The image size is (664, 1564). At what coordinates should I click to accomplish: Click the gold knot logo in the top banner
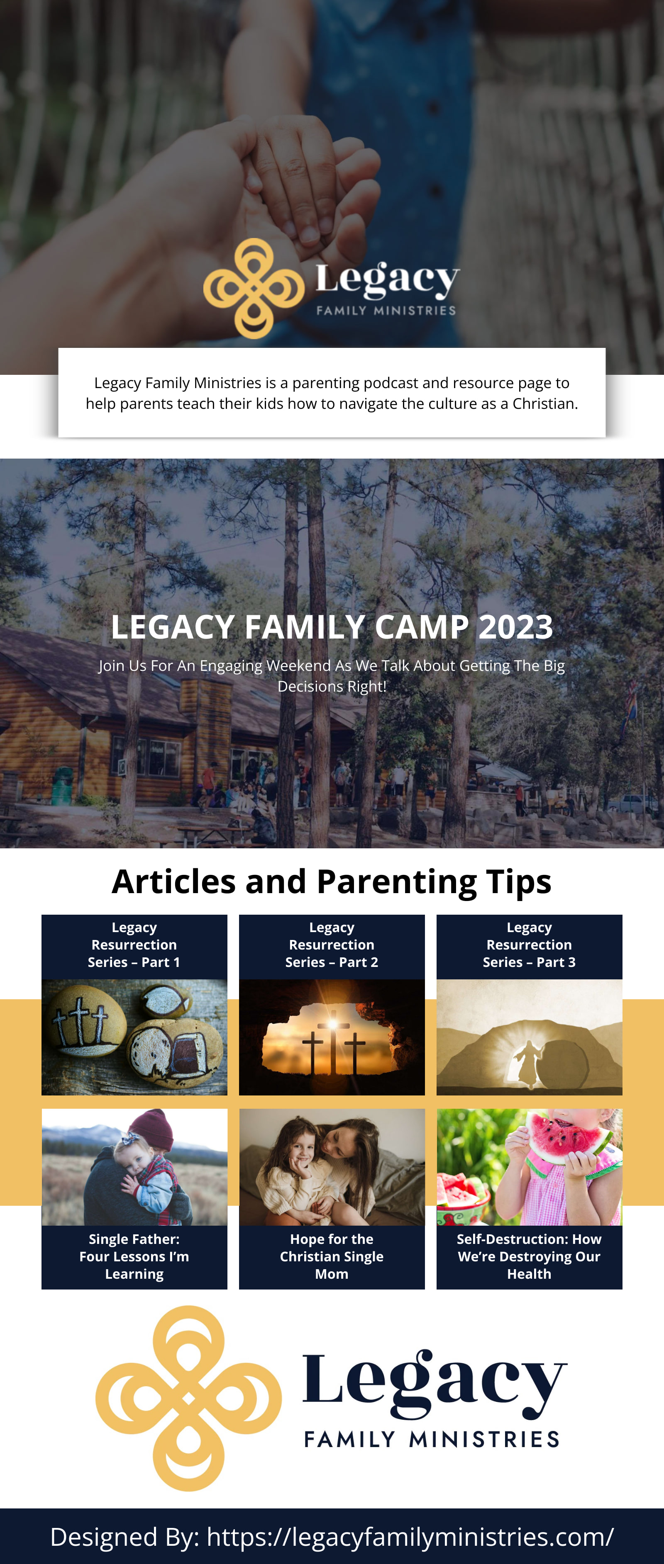pos(254,289)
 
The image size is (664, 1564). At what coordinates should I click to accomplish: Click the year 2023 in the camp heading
pos(516,627)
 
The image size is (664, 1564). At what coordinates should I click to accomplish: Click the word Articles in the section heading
pos(174,881)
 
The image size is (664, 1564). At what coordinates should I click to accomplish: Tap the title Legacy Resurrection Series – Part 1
pos(134,945)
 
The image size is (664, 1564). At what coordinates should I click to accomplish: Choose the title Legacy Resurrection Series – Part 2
pos(332,945)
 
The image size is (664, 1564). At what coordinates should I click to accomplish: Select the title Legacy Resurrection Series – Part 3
pos(529,945)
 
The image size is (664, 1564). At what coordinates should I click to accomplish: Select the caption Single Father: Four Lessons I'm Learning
pos(134,1256)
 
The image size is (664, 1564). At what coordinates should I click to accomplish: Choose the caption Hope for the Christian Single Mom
pos(332,1256)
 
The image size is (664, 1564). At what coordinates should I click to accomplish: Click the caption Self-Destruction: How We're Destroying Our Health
pos(529,1256)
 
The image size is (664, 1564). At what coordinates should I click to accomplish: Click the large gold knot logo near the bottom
pos(188,1398)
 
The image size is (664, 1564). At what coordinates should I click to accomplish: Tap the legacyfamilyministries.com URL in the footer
pos(410,1537)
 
